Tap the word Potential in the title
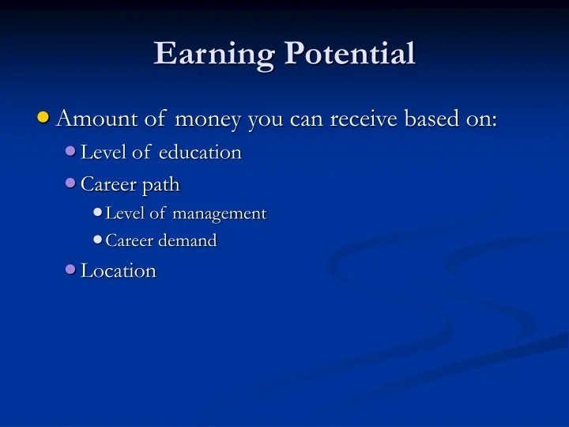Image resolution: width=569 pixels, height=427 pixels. [x=349, y=54]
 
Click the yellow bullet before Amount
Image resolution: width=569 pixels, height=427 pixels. [x=44, y=118]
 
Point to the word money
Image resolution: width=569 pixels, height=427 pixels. [x=209, y=120]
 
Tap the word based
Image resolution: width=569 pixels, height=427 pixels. [x=435, y=119]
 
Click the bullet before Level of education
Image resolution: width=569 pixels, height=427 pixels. [x=70, y=151]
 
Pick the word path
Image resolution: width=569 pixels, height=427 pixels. [x=161, y=185]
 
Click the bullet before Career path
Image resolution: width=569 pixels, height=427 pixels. [x=70, y=183]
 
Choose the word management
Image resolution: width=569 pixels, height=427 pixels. [x=220, y=213]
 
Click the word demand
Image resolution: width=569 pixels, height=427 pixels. [x=189, y=241]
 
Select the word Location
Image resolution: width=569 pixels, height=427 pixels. [x=119, y=271]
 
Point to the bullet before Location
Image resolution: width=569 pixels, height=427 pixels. [x=70, y=270]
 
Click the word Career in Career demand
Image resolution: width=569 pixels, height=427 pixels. [x=130, y=241]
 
